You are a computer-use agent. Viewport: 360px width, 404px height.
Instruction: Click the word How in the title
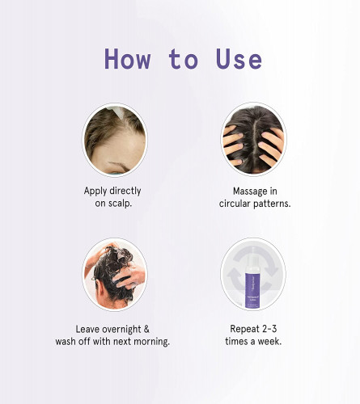[x=128, y=59]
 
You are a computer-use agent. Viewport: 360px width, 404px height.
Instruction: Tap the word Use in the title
[x=239, y=59]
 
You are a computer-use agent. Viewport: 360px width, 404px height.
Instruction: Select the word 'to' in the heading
[x=184, y=59]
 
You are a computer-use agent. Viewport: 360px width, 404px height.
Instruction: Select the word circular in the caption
[x=235, y=204]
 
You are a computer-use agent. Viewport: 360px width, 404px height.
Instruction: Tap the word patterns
[x=272, y=204]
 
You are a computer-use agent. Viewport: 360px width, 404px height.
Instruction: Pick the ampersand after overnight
[x=146, y=329]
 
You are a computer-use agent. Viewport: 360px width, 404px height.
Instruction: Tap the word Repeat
[x=241, y=329]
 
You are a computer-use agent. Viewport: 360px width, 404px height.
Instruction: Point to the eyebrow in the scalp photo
[x=119, y=166]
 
